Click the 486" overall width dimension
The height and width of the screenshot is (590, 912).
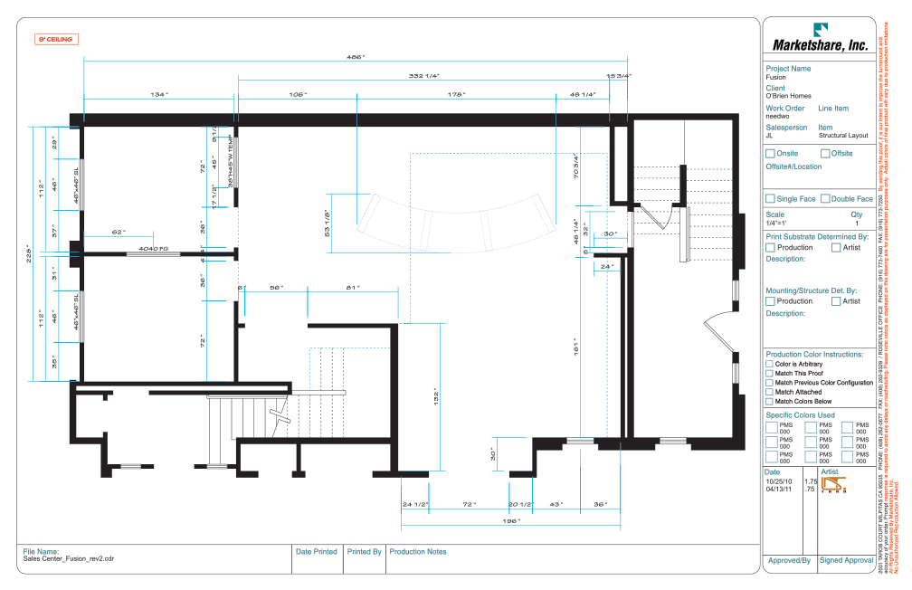(x=356, y=57)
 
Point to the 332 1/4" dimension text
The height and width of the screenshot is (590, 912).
(x=423, y=76)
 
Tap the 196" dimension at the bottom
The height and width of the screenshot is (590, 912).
(x=510, y=521)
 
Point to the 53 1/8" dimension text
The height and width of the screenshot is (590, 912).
(x=326, y=221)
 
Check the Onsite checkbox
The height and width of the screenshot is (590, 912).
(x=770, y=154)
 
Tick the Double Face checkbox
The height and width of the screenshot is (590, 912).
(x=824, y=199)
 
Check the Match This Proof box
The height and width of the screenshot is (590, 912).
(x=770, y=374)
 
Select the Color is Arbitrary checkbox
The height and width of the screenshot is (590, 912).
(x=770, y=364)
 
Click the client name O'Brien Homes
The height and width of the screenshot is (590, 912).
(x=788, y=96)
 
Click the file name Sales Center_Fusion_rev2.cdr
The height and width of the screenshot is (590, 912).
(x=69, y=558)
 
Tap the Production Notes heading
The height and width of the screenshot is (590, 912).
(x=418, y=550)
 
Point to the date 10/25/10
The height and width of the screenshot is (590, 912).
(x=778, y=481)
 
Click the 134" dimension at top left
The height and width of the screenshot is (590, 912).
(x=159, y=94)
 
